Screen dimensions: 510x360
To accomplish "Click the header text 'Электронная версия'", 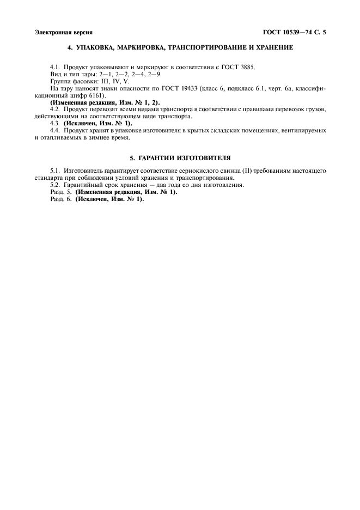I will pyautogui.click(x=63, y=33).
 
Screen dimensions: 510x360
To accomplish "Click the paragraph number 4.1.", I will pyautogui.click(x=54, y=67).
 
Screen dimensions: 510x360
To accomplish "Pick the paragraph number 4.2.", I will pyautogui.click(x=54, y=109).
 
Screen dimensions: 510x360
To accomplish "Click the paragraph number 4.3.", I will pyautogui.click(x=54, y=124).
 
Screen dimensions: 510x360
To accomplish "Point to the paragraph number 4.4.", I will pyautogui.click(x=54, y=131).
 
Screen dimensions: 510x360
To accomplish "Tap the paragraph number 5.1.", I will pyautogui.click(x=54, y=171).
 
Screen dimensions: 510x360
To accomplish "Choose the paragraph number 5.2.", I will pyautogui.click(x=54, y=185).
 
